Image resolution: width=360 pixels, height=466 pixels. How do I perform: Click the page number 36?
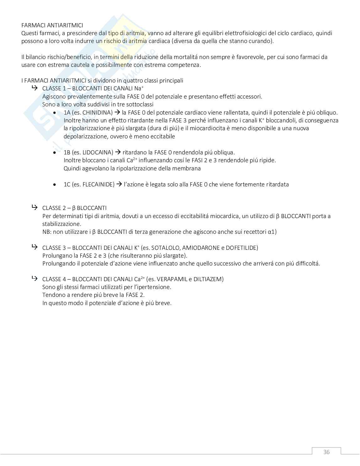[x=326, y=452]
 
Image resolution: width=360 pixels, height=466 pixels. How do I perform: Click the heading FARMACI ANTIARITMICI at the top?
[x=52, y=25]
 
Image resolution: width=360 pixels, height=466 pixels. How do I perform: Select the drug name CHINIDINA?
[x=97, y=112]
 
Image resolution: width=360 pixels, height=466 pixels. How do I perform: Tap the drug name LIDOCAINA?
[x=98, y=152]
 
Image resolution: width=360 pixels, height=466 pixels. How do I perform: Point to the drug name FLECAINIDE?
[x=98, y=184]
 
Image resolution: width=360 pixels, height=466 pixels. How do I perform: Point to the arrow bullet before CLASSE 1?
[x=34, y=88]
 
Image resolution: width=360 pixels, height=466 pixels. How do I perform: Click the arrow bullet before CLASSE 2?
[x=34, y=207]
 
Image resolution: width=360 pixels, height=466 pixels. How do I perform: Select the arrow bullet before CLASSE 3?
[x=34, y=247]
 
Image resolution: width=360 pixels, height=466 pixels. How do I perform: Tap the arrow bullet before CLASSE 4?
[x=34, y=279]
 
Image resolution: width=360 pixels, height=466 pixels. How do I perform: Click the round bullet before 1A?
[x=55, y=113]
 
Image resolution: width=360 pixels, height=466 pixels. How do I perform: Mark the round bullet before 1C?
[x=55, y=185]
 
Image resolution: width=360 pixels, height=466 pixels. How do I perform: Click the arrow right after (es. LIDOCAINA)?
[x=118, y=152]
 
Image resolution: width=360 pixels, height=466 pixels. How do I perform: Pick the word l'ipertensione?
[x=153, y=287]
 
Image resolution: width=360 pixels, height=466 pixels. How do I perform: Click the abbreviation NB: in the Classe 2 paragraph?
[x=46, y=232]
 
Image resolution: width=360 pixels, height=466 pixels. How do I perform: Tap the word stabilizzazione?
[x=61, y=224]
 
